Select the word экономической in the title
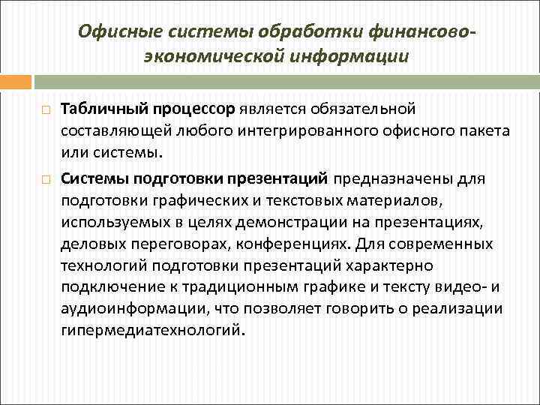pyautogui.click(x=217, y=56)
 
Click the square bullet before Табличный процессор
pyautogui.click(x=46, y=111)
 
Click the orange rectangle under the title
pyautogui.click(x=16, y=81)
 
